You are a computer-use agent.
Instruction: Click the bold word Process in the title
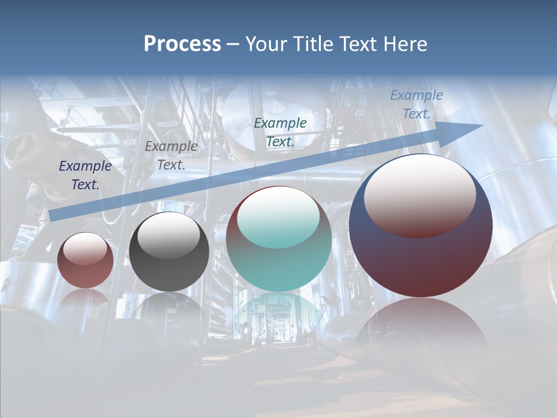(182, 44)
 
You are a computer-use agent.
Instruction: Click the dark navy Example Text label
(85, 175)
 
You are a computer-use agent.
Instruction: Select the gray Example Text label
(171, 156)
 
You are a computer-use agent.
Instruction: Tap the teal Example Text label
(280, 132)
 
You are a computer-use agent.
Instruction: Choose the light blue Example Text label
(416, 105)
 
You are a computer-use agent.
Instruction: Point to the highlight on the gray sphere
(168, 235)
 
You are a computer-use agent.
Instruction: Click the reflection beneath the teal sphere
(278, 316)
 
